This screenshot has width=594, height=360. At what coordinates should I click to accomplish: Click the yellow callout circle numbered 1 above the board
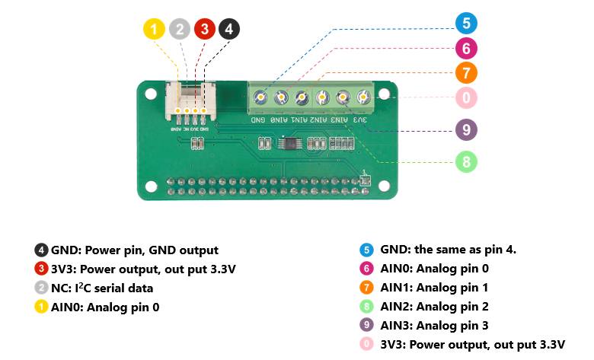[x=154, y=30]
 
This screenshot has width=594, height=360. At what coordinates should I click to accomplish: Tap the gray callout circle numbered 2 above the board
[x=179, y=30]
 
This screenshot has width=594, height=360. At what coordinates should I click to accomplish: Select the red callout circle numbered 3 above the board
[x=204, y=30]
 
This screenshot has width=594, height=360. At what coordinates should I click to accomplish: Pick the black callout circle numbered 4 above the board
[x=228, y=30]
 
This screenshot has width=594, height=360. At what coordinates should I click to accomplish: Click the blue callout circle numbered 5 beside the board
[x=466, y=23]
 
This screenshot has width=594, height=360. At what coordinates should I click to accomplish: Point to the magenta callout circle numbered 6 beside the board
[x=466, y=49]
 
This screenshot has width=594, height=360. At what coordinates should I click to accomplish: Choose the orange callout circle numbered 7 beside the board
[x=466, y=73]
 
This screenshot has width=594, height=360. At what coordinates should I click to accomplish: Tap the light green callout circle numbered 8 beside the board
[x=466, y=161]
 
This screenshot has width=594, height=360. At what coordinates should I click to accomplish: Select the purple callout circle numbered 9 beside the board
[x=466, y=129]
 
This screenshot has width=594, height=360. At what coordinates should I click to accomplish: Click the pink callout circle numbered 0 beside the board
[x=466, y=97]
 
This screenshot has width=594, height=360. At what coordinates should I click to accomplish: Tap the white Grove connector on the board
[x=190, y=102]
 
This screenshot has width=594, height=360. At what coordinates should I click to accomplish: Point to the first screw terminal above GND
[x=260, y=97]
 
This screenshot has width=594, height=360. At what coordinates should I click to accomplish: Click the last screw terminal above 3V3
[x=362, y=97]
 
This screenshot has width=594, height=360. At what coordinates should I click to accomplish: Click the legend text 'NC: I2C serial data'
[x=102, y=288]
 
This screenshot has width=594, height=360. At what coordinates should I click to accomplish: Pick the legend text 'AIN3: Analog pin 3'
[x=434, y=326]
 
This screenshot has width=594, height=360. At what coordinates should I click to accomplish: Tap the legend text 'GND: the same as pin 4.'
[x=449, y=250]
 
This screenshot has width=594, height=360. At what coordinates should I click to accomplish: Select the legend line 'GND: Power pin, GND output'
[x=134, y=250]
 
